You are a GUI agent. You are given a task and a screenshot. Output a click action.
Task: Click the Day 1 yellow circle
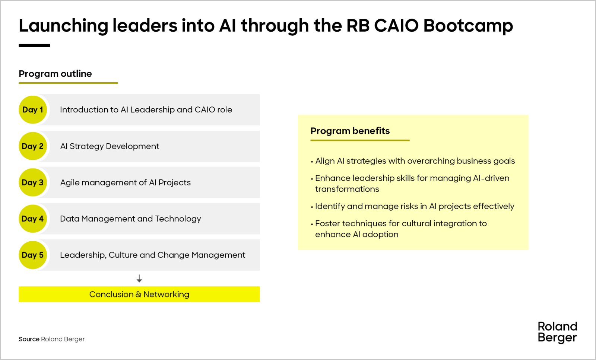(33, 110)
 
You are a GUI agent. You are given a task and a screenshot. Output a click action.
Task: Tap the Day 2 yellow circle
(33, 146)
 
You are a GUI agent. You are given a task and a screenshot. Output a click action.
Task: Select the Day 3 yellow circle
(33, 182)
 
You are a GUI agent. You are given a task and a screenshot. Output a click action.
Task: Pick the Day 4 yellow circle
(33, 219)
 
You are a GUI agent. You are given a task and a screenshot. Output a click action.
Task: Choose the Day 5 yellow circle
(33, 255)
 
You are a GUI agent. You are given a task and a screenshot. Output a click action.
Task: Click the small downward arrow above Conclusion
(139, 278)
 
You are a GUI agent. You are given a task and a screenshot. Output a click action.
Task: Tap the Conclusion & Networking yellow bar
(139, 294)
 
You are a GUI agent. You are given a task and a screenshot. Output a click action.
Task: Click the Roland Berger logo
(557, 332)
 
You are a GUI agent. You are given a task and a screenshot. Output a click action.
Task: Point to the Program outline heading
(55, 74)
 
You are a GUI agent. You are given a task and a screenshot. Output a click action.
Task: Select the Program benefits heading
(350, 131)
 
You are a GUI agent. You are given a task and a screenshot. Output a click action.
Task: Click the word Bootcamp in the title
(468, 26)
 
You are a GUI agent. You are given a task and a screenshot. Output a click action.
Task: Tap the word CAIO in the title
(396, 26)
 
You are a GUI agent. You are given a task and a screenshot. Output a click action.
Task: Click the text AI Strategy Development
(110, 146)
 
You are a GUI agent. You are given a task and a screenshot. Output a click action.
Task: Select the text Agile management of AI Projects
(126, 182)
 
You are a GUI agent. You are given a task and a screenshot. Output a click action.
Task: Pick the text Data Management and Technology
(130, 219)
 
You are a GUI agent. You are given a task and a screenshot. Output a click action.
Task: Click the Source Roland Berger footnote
(52, 339)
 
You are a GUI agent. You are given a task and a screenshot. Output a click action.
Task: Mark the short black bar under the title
(34, 45)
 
